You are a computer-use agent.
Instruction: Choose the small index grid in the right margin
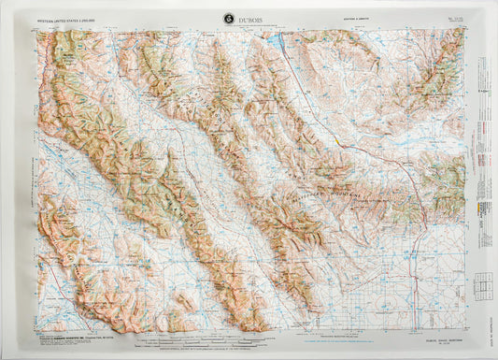click(482, 281)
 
